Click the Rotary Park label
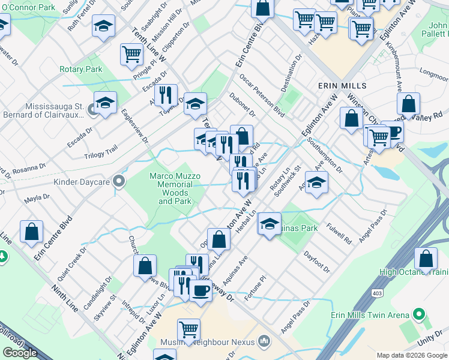pos(80,69)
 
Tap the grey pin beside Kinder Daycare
pos(119,180)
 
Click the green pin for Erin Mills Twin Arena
pos(420,314)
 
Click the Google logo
pos(20,353)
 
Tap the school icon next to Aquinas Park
pos(270,224)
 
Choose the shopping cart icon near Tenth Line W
pos(131,54)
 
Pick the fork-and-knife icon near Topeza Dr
pos(166,94)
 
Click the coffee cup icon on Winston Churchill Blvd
pos(393,132)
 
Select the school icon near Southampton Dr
pos(316,183)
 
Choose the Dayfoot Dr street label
pos(316,262)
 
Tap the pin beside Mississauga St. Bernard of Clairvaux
pos(92,110)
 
